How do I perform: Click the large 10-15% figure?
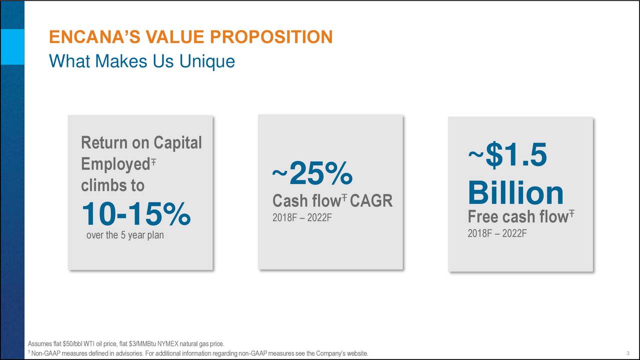pos(135,213)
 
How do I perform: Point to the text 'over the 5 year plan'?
pos(124,234)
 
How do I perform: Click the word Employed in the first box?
pos(113,164)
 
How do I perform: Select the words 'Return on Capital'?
pos(141,143)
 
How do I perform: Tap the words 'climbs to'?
pos(112,185)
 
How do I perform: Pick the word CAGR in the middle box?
pos(371,201)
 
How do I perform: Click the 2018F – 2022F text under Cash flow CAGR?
pos(302,218)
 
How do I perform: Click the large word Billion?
pos(515,193)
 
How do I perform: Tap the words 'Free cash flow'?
pos(517,217)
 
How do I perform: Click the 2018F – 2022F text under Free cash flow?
pos(497,233)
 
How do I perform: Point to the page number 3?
pos(627,354)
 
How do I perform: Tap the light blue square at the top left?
pos(12,46)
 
